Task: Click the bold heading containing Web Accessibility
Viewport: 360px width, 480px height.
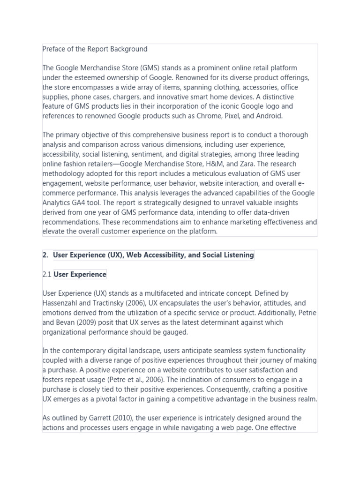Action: click(x=153, y=255)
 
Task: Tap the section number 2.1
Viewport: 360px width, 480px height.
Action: click(x=47, y=274)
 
